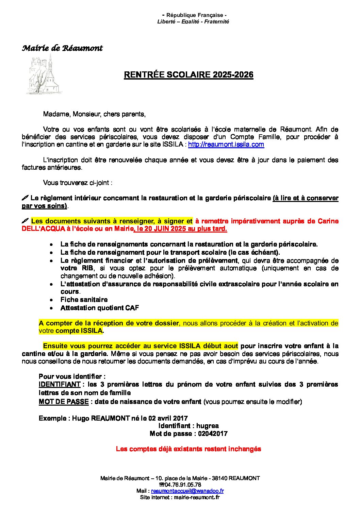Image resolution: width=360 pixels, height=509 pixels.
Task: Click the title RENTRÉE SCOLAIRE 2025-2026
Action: (x=189, y=75)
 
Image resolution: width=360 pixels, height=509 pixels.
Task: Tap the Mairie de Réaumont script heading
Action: (x=62, y=48)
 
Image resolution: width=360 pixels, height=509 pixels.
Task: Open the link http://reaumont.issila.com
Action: (x=226, y=145)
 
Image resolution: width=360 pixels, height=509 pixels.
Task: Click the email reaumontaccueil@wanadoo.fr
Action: (x=187, y=491)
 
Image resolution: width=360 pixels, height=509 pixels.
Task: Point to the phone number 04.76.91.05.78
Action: (x=182, y=485)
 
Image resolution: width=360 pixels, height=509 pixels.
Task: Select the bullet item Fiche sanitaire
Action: (x=84, y=300)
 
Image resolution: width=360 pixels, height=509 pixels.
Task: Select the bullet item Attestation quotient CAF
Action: (x=100, y=308)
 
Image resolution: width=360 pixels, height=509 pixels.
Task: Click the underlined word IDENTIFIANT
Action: (x=60, y=385)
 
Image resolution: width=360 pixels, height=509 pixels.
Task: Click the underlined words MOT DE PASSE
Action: (x=64, y=402)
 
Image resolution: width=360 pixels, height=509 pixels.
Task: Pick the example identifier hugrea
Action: (x=207, y=426)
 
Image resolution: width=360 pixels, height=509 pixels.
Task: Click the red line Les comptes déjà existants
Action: (x=189, y=449)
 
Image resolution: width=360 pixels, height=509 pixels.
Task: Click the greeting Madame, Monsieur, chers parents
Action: (x=94, y=114)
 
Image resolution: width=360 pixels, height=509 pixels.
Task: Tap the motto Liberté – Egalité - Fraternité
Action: (x=193, y=22)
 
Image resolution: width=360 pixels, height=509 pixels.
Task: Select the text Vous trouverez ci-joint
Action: (x=78, y=183)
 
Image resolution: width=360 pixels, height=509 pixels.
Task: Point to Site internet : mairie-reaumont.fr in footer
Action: (x=180, y=497)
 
